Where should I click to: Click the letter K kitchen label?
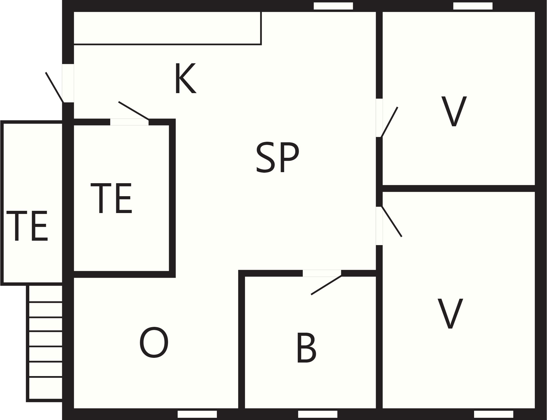[x=186, y=78]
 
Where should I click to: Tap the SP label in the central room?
[x=277, y=158]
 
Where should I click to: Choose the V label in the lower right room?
[x=450, y=313]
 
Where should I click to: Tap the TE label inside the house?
[x=111, y=198]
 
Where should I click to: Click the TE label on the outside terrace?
[x=27, y=226]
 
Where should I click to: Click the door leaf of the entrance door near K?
[x=55, y=87]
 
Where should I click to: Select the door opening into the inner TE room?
[x=134, y=111]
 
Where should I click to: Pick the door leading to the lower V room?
[x=392, y=221]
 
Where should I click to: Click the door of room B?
[x=326, y=285]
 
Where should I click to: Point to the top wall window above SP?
[x=333, y=6]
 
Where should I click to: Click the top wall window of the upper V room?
[x=473, y=6]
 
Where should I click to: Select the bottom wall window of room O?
[x=197, y=414]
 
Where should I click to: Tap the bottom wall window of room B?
[x=318, y=414]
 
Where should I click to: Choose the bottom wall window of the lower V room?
[x=493, y=414]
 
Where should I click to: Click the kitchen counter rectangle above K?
[x=167, y=28]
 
